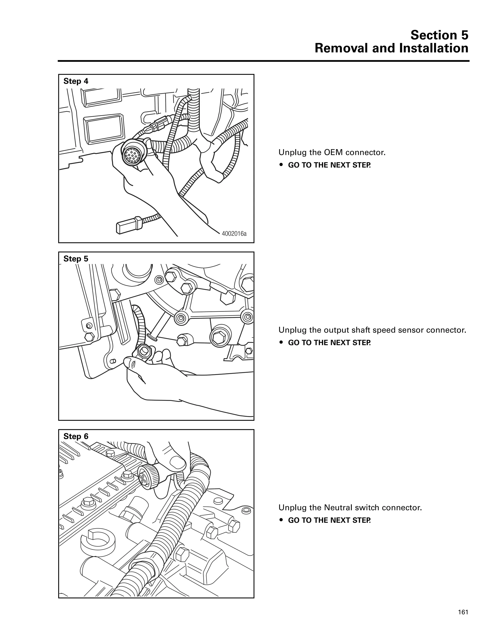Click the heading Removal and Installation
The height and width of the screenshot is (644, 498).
[391, 48]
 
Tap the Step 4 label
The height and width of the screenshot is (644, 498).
[76, 81]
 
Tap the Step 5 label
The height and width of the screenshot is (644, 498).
[76, 259]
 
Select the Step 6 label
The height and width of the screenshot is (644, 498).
[76, 436]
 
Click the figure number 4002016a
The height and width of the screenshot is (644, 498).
[234, 234]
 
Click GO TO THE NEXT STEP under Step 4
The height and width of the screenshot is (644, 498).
[329, 165]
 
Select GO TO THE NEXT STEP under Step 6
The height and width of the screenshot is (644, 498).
[329, 520]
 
